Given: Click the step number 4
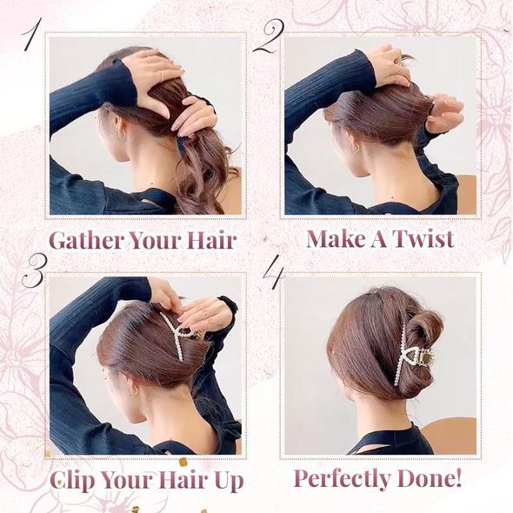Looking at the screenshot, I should coord(273,273).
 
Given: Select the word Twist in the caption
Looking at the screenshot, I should coord(421,239).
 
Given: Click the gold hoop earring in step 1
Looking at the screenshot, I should coord(120,135).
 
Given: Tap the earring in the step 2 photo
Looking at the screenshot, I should coord(355,147).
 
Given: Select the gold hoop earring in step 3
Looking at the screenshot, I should coord(132,391).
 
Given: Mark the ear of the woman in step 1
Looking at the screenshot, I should coord(115,122).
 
